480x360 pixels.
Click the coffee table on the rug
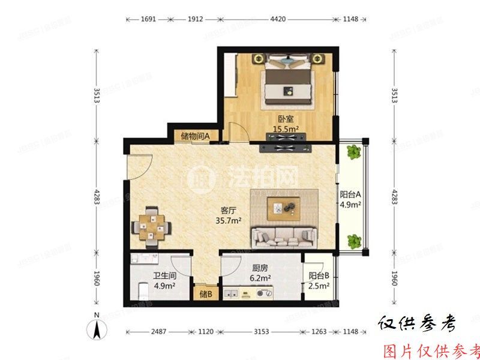(283, 208)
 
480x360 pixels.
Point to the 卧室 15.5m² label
(286, 124)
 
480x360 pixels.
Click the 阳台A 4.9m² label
(350, 199)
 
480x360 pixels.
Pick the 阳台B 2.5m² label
(319, 281)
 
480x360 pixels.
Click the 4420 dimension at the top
(278, 19)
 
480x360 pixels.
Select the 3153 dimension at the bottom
(262, 331)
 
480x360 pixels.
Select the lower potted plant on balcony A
(354, 241)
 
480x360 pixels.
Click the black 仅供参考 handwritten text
(417, 325)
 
